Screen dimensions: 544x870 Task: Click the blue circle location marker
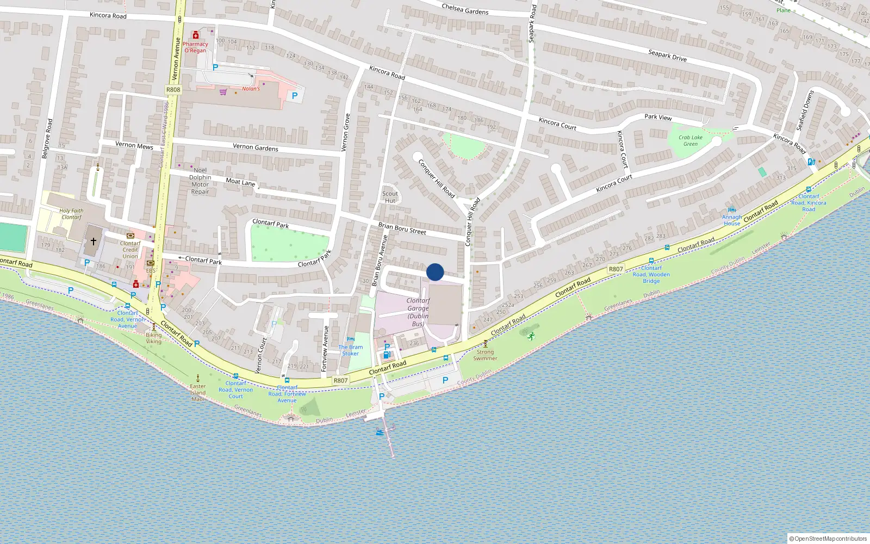435,272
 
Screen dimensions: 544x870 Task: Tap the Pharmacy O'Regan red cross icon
195,35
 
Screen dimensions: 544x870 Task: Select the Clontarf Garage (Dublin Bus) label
418,312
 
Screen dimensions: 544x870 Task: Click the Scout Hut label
390,197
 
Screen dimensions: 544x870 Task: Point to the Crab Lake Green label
691,140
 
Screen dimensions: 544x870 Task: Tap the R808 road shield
173,90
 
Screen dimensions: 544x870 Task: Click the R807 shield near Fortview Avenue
340,380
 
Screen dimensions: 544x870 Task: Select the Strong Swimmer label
485,355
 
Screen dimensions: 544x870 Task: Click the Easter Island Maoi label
198,392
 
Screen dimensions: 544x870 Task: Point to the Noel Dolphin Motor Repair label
200,181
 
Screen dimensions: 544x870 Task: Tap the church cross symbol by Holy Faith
94,241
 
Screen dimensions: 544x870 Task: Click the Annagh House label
732,220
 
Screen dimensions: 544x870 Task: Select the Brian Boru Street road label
402,228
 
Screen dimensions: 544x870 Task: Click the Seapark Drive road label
667,55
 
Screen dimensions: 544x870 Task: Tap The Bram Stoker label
351,350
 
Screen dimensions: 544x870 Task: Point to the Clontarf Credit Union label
130,250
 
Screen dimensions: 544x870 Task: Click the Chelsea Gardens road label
465,8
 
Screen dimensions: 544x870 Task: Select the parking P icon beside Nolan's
295,96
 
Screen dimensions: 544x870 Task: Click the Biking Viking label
154,338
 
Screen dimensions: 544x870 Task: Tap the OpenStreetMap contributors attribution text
828,539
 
